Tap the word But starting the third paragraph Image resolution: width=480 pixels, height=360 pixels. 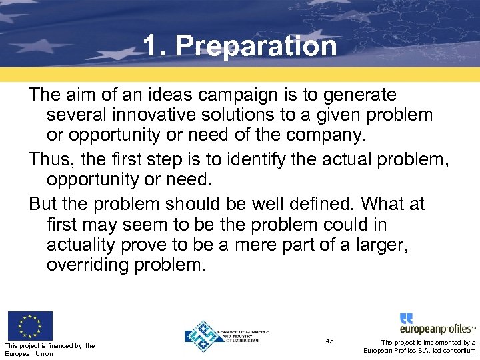pyautogui.click(x=43, y=203)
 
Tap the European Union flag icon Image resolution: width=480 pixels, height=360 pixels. pyautogui.click(x=30, y=325)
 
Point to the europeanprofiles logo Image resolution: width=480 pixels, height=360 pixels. pyautogui.click(x=437, y=324)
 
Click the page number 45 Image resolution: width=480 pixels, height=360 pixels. pyautogui.click(x=330, y=341)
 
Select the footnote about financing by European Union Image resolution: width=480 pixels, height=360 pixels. pyautogui.click(x=49, y=349)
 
